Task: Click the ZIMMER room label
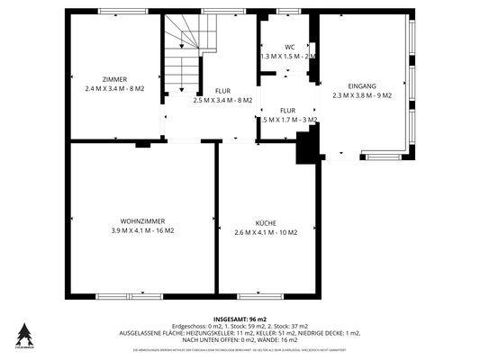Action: pos(114,79)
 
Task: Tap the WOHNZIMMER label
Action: pos(141,221)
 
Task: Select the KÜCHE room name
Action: pos(265,222)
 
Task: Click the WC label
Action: pos(289,47)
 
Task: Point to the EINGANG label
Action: pos(362,85)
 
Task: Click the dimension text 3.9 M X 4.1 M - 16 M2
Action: pos(141,231)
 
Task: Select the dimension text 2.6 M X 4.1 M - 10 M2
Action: pos(265,232)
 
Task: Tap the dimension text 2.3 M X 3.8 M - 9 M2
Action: pos(362,94)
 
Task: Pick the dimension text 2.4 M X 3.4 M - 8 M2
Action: pos(114,89)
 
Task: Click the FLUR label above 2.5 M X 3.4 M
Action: pos(222,91)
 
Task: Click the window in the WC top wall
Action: pos(288,11)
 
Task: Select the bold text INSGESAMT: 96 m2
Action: pos(240,319)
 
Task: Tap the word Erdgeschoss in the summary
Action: pos(190,326)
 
